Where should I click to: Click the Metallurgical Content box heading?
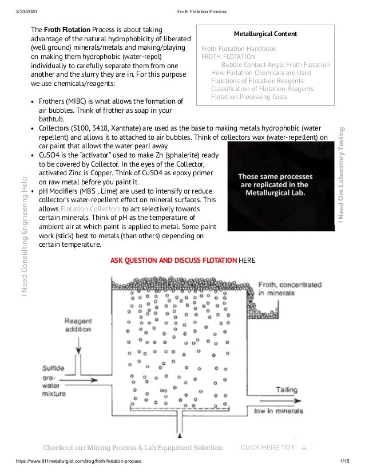(265, 34)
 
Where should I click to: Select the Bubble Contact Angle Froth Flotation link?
(275, 65)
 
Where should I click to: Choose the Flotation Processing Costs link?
(249, 97)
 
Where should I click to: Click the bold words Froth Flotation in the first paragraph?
(66, 29)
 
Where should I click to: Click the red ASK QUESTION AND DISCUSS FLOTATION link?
(173, 261)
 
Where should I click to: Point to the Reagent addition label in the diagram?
(77, 325)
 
